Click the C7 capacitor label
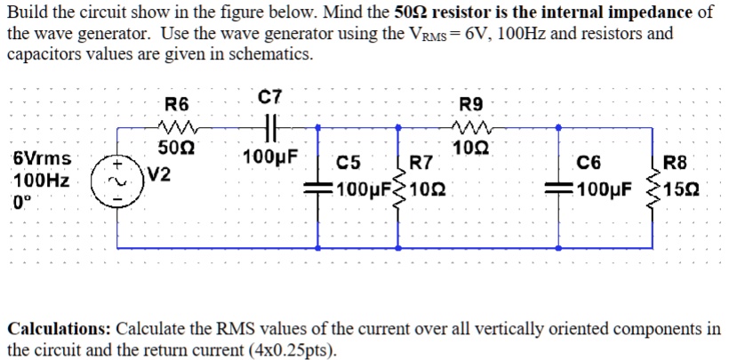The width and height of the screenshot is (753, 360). [268, 98]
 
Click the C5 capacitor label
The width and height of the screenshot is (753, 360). [349, 163]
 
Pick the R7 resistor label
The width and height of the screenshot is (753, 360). [421, 163]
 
